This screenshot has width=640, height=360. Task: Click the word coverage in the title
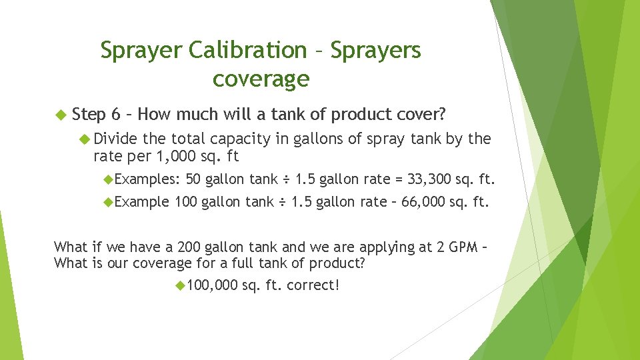(x=261, y=79)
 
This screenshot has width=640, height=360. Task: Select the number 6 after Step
(x=116, y=114)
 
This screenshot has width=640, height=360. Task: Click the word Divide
(x=116, y=139)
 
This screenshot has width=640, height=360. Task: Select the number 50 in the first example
(x=194, y=179)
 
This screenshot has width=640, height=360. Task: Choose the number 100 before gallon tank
(x=185, y=202)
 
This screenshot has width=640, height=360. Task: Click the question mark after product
(x=362, y=263)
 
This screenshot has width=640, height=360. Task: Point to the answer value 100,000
(x=213, y=285)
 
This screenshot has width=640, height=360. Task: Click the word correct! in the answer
(x=313, y=285)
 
